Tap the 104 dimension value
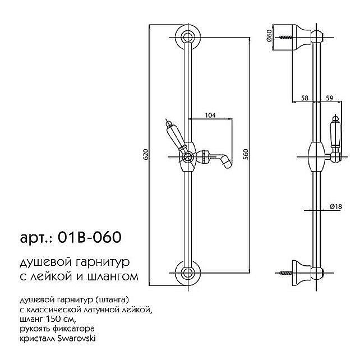[210, 115]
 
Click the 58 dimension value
[305, 98]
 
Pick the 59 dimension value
[330, 98]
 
